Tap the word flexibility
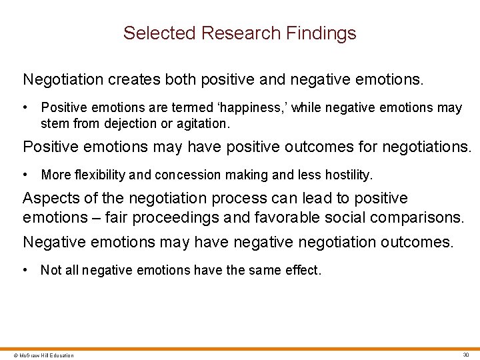(x=101, y=175)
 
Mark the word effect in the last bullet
(x=303, y=270)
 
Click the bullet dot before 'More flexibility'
(x=25, y=175)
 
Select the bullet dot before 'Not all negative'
(x=25, y=270)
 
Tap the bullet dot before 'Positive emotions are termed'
(x=25, y=107)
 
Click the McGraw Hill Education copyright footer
(x=39, y=355)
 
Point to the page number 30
(x=465, y=355)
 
